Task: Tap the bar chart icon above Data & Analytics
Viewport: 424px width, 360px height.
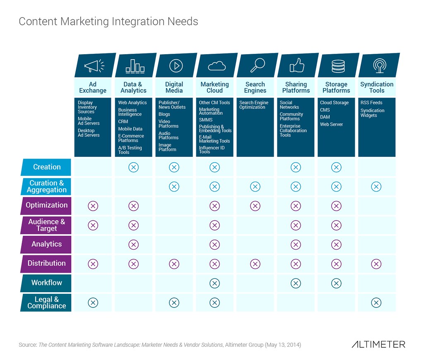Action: [x=135, y=65]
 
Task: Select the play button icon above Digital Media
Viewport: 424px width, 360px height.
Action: [x=176, y=65]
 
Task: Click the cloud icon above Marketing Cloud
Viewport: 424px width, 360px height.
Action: [x=216, y=65]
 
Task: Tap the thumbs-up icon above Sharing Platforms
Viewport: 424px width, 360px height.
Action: [x=297, y=65]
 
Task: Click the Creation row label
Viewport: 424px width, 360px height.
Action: [x=46, y=167]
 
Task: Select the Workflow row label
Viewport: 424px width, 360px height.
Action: [x=46, y=283]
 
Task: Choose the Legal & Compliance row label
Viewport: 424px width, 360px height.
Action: [x=46, y=302]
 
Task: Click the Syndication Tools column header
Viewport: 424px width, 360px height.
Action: [x=377, y=87]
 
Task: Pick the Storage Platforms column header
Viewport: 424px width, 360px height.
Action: [x=336, y=87]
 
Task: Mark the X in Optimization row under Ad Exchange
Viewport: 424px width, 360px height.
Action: [x=93, y=206]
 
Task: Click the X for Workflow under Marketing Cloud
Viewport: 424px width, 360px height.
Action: [x=214, y=283]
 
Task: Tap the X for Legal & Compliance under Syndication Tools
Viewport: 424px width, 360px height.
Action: [x=376, y=302]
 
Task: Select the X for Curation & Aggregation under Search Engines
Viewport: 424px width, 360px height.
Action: [x=255, y=187]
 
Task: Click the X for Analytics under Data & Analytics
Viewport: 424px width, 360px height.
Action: [x=133, y=245]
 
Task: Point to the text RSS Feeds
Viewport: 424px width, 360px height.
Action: [x=371, y=103]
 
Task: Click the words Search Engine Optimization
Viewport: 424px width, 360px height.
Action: [x=253, y=105]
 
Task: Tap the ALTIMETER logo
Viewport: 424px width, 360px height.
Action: [x=378, y=344]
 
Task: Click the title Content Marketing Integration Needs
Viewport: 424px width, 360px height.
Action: [x=108, y=22]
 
